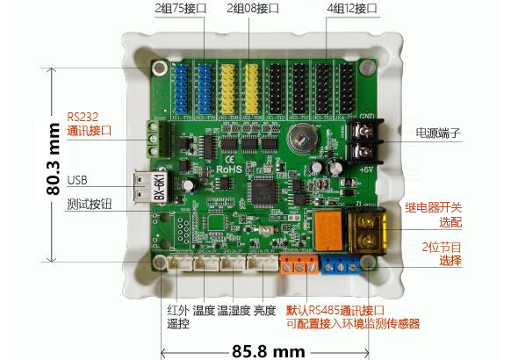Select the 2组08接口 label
(x=253, y=9)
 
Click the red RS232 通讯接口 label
(x=90, y=124)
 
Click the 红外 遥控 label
(x=178, y=317)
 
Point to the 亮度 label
(x=264, y=311)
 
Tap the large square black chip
(x=262, y=190)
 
